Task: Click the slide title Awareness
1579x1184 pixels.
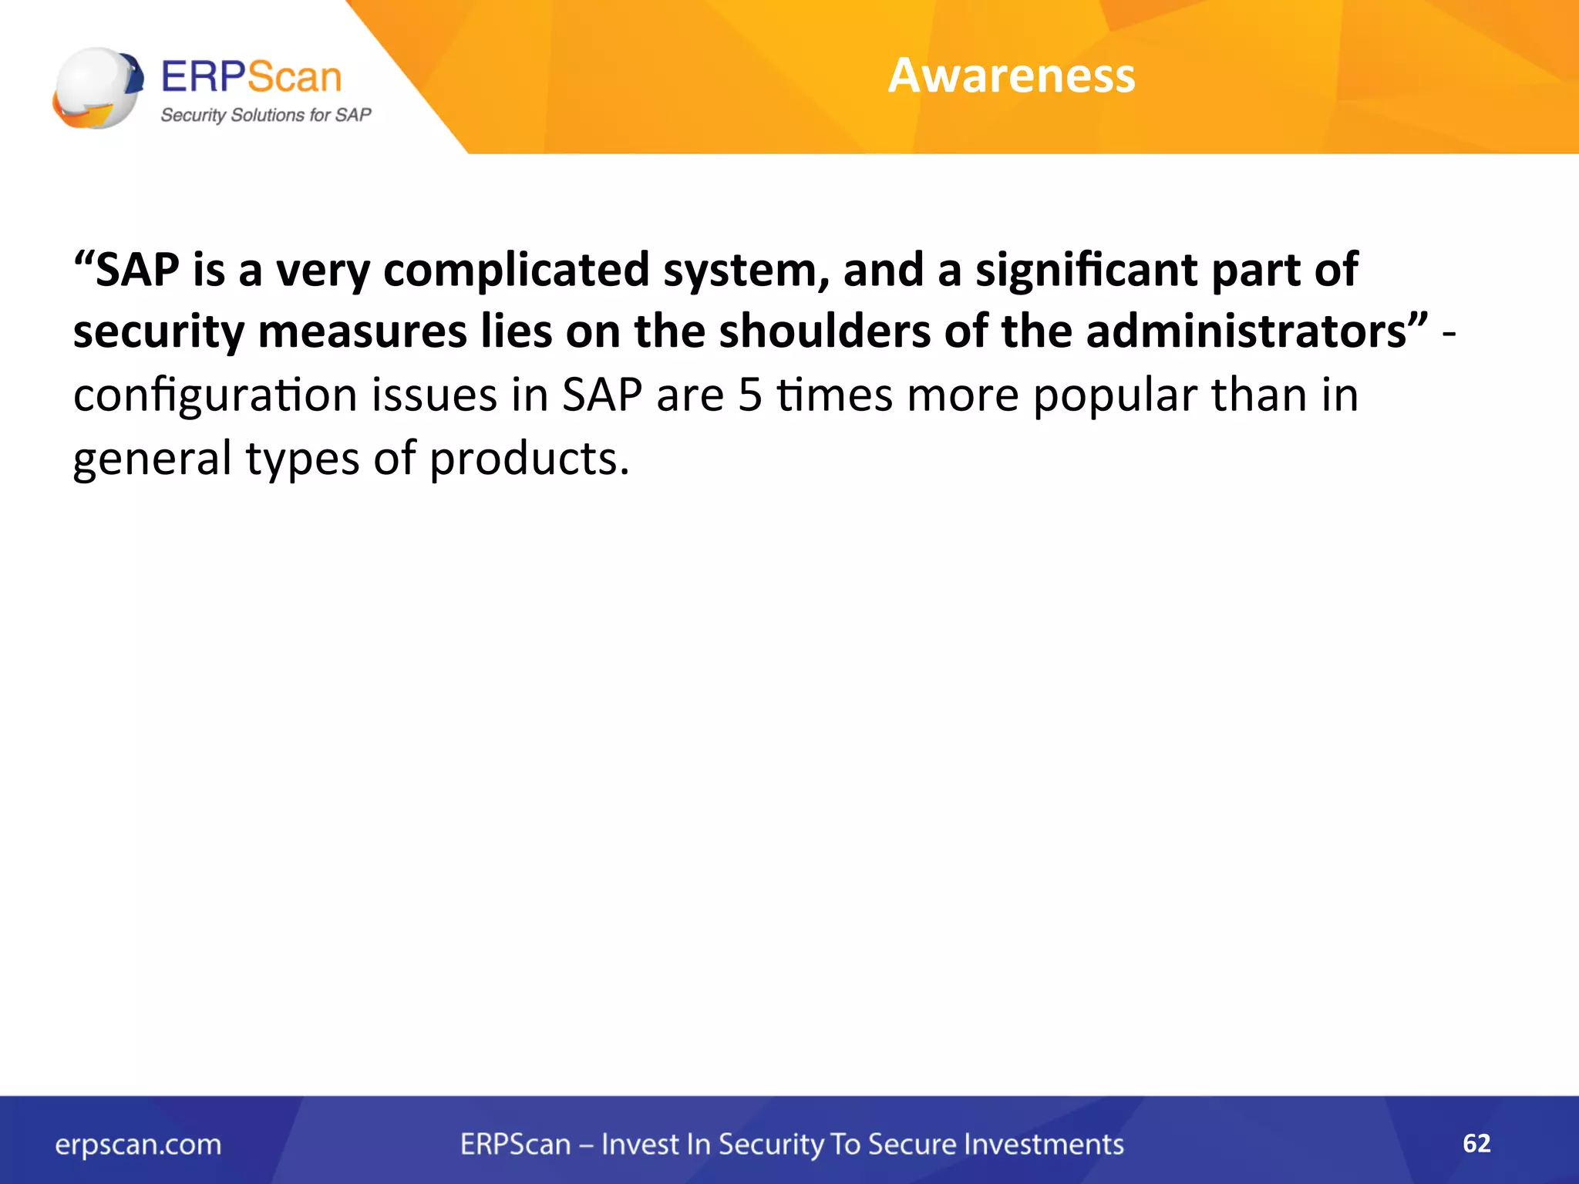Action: (1011, 76)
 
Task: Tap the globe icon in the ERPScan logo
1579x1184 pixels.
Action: (96, 88)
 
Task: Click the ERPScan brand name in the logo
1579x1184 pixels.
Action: (251, 77)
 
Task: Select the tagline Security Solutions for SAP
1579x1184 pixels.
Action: (265, 116)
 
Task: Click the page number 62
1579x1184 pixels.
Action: (1476, 1142)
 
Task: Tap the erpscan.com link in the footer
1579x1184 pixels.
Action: (138, 1145)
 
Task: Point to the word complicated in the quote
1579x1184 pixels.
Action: (516, 271)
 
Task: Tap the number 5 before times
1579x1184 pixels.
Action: (749, 395)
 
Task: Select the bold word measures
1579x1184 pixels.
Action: (362, 333)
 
